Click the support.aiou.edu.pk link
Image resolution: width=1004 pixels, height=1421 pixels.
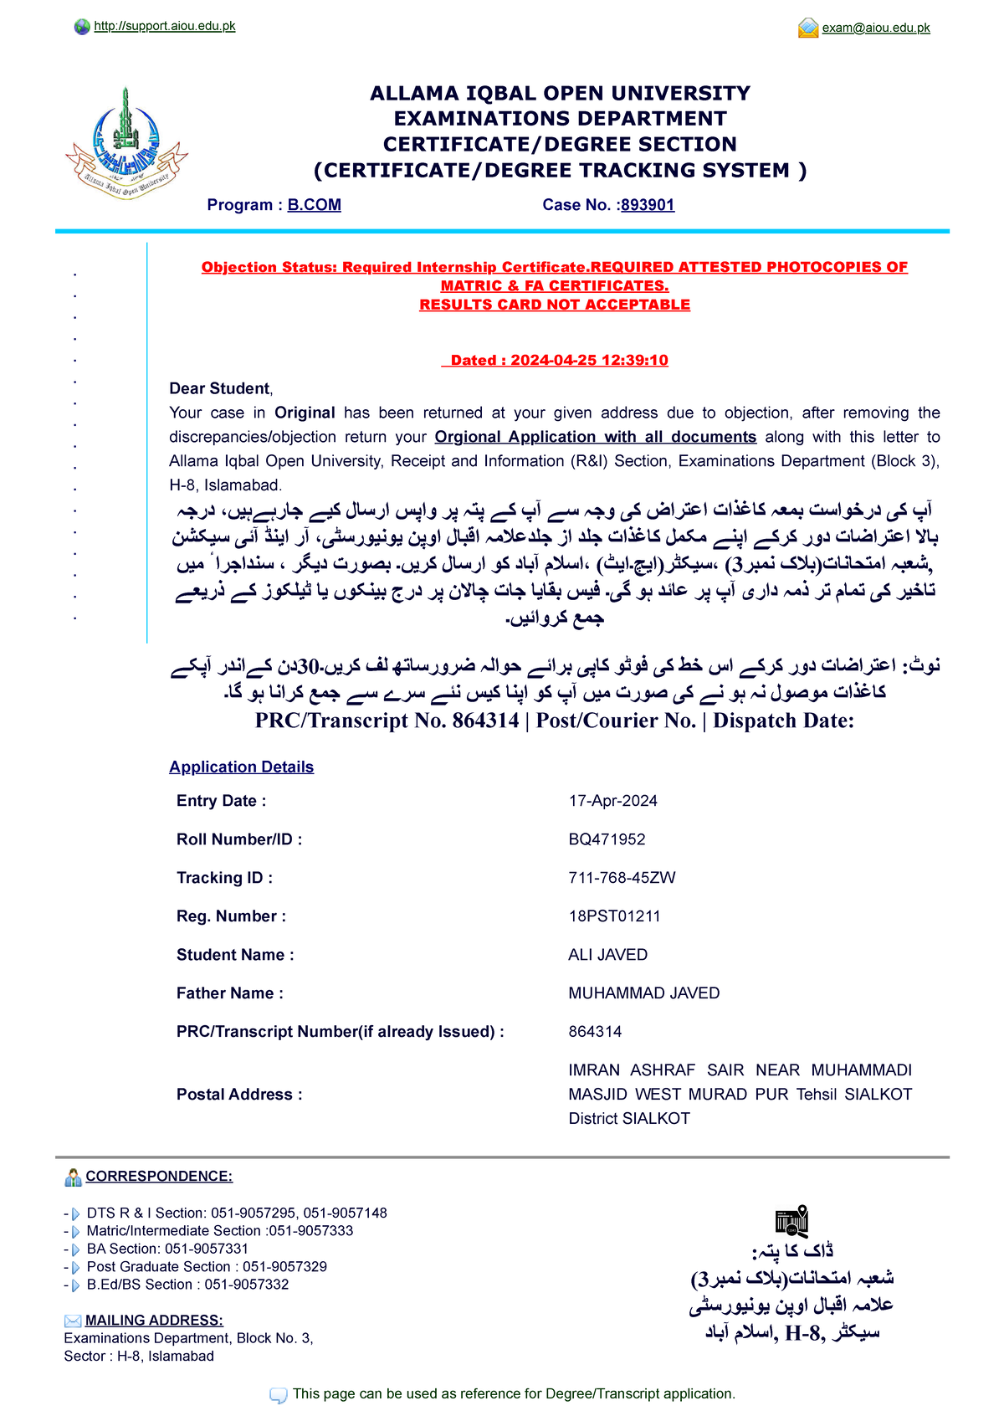pos(164,27)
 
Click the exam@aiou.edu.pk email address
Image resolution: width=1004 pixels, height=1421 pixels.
pos(875,28)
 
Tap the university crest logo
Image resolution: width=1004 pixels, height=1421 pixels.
pos(126,144)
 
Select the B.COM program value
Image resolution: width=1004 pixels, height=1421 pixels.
pos(314,205)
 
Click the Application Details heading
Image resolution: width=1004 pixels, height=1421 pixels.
pos(241,767)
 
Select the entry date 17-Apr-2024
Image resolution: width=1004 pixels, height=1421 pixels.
pos(612,801)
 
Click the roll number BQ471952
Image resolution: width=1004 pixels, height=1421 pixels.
pos(607,839)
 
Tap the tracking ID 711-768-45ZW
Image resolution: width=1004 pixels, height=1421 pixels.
pos(622,878)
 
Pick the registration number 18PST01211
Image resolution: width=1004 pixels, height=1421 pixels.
pos(614,916)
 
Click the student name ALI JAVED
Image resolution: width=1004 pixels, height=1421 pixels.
pos(607,955)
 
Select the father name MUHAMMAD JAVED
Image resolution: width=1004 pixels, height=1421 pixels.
pos(643,993)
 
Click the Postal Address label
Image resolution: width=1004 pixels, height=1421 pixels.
pos(238,1095)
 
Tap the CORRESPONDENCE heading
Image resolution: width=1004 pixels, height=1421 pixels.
pos(159,1177)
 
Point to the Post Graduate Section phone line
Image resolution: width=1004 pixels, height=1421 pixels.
pos(206,1267)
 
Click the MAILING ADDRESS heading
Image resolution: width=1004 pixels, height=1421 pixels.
pos(154,1321)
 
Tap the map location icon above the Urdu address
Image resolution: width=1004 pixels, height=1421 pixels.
pos(791,1222)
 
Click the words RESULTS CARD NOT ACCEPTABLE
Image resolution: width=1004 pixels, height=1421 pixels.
pos(555,305)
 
